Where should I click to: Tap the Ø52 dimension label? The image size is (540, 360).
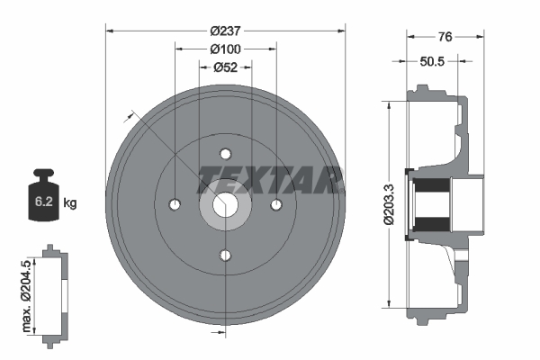pos(225,67)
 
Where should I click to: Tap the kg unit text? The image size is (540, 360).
pos(70,203)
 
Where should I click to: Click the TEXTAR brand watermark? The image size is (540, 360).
pos(270,178)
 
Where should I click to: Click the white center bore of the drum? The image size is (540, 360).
pos(225,206)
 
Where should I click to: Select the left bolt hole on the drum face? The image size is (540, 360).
pos(174,206)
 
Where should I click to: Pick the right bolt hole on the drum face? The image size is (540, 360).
pos(276,206)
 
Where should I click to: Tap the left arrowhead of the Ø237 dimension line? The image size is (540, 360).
pos(110,31)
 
